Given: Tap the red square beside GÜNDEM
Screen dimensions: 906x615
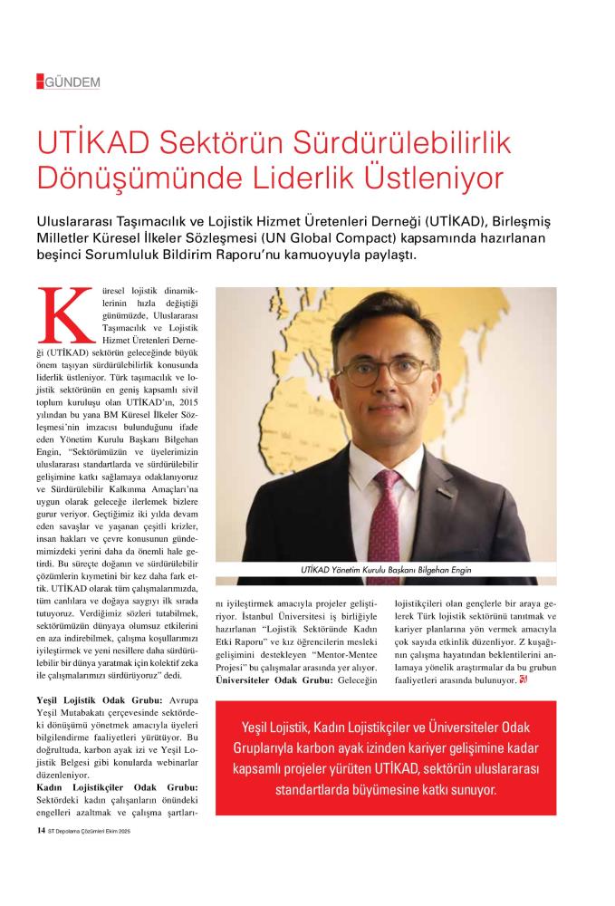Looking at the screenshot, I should point(40,82).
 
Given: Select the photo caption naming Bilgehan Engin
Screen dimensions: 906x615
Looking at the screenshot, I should point(386,570).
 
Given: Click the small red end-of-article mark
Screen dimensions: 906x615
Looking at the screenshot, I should point(524,680).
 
